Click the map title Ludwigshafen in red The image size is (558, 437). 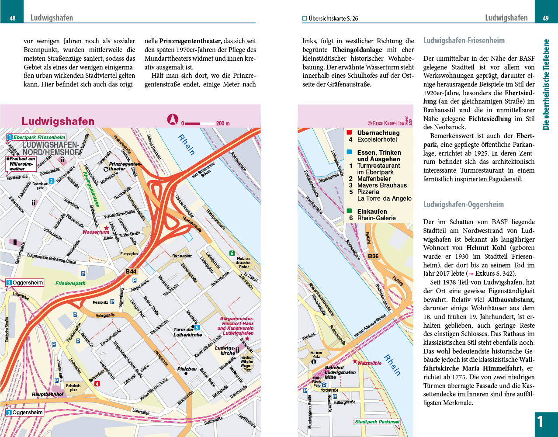coord(58,121)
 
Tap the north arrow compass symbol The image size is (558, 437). coord(173,119)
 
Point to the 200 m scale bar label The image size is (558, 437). coord(223,124)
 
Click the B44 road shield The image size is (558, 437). coord(131,272)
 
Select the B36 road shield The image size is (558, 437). coord(373,256)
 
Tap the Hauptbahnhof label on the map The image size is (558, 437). coord(48,394)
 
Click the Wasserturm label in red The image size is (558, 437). coord(96,232)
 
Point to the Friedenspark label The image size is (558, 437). coord(70,283)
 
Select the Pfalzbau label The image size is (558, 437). coord(187,369)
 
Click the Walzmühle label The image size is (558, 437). coord(369,363)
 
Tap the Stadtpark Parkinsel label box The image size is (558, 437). coord(377,422)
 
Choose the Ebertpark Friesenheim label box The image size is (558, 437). coord(37,137)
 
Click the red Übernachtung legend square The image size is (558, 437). coord(350,132)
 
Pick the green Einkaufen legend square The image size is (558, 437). coord(350,211)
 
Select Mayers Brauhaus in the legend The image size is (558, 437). coord(382,185)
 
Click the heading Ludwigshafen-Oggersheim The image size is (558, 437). coord(463,205)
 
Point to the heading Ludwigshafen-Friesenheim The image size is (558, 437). coord(464,41)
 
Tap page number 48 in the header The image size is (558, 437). coord(13,18)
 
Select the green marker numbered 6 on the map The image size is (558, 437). coord(232,253)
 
